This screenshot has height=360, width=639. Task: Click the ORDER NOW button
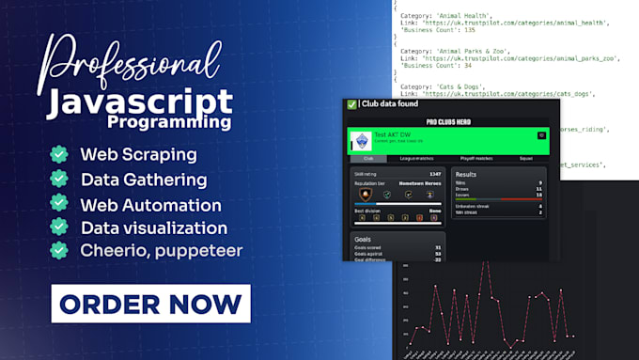point(150,304)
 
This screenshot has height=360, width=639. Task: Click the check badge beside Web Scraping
point(59,154)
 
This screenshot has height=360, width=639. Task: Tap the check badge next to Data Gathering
point(59,179)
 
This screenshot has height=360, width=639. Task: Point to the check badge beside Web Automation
point(59,203)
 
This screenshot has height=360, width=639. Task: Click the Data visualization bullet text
point(154,227)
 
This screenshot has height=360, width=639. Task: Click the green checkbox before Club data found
point(351,105)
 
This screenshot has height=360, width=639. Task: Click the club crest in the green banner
point(361,141)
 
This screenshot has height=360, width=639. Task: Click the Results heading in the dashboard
point(468,174)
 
